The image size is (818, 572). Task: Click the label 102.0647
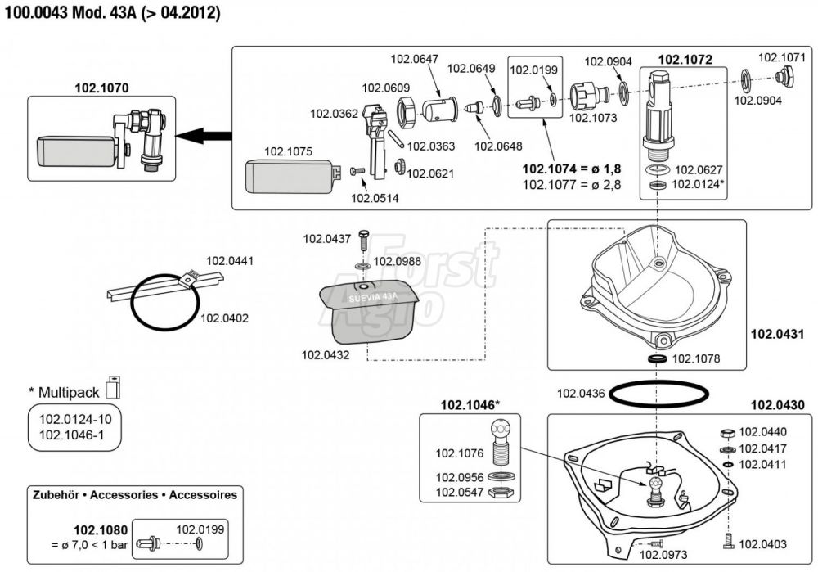click(x=415, y=59)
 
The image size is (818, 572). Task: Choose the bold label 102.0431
click(x=777, y=334)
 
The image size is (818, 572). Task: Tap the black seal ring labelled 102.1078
click(x=656, y=358)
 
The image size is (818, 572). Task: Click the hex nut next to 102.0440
click(x=726, y=432)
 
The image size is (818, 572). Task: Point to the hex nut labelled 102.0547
click(x=497, y=493)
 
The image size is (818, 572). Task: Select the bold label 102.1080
click(x=100, y=529)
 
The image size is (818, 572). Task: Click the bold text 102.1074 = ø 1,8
click(x=572, y=169)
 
